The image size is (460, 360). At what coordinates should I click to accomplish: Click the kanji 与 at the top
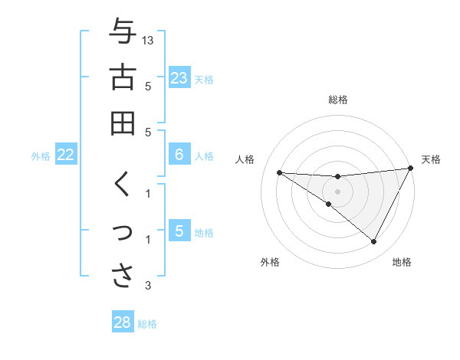[x=122, y=31]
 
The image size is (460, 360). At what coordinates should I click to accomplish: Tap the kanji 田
[x=122, y=123]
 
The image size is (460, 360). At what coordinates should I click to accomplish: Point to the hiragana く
[x=122, y=185]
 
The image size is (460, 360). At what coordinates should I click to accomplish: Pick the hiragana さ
[x=122, y=277]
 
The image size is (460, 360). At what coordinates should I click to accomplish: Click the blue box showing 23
[x=179, y=78]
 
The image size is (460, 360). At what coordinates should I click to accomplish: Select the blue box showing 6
[x=179, y=155]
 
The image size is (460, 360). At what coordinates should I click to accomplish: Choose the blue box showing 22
[x=66, y=155]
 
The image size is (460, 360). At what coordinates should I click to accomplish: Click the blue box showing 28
[x=123, y=322]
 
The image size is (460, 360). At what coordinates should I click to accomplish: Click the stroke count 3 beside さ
[x=148, y=286]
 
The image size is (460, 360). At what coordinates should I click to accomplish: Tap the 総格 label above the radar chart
[x=337, y=100]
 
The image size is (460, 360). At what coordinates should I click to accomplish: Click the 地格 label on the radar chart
[x=402, y=262]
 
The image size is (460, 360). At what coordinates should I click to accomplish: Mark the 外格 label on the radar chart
[x=270, y=262]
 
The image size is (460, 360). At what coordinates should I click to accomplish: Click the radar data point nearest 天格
[x=412, y=168]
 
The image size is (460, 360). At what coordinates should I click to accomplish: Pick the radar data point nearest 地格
[x=374, y=242]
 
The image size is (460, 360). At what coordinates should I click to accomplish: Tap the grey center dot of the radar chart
[x=337, y=191]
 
